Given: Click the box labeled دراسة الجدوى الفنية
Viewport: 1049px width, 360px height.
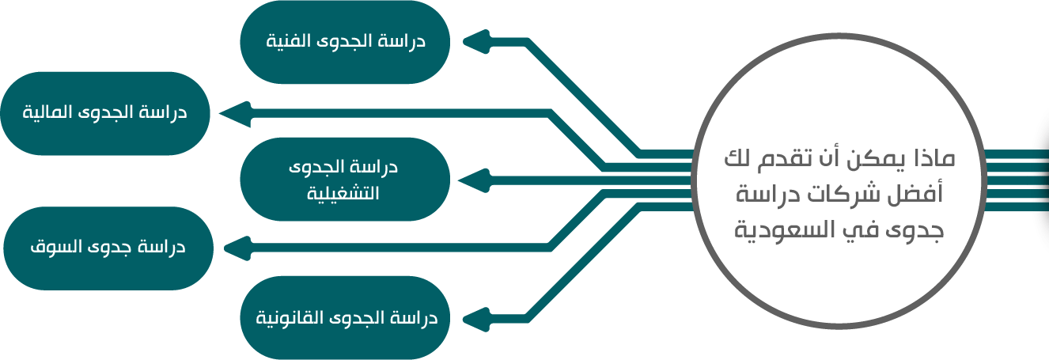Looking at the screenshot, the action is tap(345, 42).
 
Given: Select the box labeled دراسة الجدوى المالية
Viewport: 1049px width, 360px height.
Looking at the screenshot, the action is tap(105, 113).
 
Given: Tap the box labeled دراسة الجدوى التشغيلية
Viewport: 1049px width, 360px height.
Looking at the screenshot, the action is tap(345, 180).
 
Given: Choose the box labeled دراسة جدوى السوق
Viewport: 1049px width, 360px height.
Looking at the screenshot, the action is tap(108, 248).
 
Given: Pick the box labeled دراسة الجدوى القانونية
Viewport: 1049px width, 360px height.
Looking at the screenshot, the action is tap(345, 318).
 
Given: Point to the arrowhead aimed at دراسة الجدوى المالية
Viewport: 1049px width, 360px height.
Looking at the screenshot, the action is tap(236, 114).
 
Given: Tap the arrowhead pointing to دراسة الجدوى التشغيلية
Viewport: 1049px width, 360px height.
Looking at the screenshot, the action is tap(474, 180).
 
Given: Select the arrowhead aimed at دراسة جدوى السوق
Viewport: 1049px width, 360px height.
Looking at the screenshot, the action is tap(237, 248).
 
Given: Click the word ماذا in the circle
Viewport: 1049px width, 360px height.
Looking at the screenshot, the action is tap(935, 159).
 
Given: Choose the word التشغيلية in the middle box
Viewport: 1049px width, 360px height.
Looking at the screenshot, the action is tap(343, 193).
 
